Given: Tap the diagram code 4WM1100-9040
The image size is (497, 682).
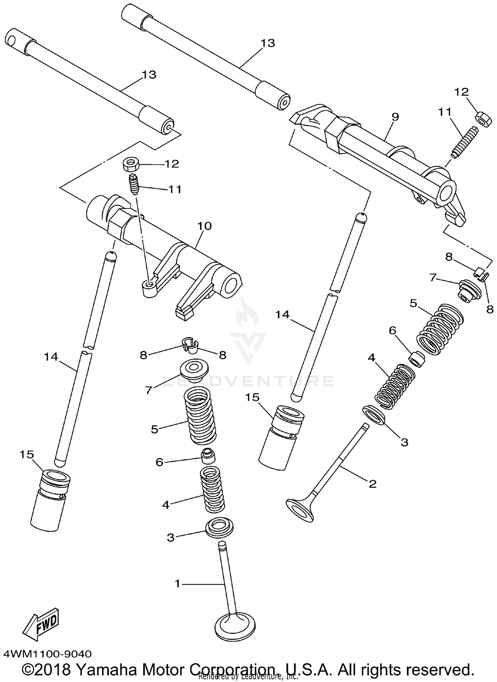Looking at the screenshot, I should [47, 654].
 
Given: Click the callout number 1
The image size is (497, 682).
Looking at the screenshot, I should [178, 584].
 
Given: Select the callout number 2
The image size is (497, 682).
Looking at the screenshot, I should [372, 484].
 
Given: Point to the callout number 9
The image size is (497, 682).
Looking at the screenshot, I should [395, 117].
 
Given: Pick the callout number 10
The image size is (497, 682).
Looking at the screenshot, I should [204, 226].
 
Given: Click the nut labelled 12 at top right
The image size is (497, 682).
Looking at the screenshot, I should [484, 119].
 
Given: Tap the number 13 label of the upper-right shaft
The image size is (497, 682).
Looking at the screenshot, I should [267, 43].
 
